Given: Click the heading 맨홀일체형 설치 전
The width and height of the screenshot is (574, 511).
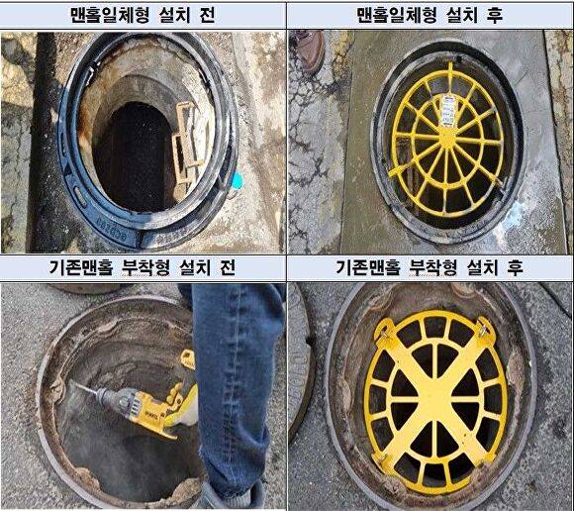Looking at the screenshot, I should click(143, 16).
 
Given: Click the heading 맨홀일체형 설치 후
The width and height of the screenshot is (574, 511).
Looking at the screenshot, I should click(430, 16).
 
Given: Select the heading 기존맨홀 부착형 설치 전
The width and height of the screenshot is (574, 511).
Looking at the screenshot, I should click(143, 269).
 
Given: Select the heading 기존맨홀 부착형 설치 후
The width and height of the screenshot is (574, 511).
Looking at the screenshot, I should click(430, 269).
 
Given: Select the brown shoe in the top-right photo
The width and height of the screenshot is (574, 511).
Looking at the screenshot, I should click(310, 47).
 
